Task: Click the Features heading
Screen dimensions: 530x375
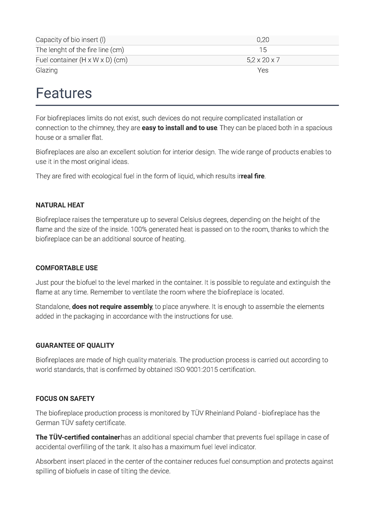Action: click(x=64, y=93)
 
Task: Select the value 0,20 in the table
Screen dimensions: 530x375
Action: click(x=263, y=40)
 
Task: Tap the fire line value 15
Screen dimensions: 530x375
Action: click(x=263, y=50)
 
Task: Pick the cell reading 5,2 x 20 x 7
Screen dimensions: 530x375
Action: click(x=263, y=60)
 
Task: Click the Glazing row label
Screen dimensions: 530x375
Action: click(x=46, y=70)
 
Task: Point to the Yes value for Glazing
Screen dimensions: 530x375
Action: click(x=263, y=70)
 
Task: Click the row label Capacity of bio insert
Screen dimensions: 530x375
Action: click(x=70, y=40)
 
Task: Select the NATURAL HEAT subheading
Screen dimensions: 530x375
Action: click(x=60, y=205)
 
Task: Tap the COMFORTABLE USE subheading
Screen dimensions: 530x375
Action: click(x=66, y=268)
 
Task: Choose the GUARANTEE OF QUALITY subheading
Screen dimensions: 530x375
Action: click(x=75, y=345)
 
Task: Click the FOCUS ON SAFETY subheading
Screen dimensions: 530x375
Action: click(x=65, y=398)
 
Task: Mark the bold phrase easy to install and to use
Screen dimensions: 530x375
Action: click(x=180, y=128)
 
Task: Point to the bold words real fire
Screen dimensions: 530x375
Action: click(x=253, y=176)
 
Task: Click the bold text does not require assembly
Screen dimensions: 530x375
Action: click(x=112, y=307)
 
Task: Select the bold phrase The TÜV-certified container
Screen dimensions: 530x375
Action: click(x=78, y=437)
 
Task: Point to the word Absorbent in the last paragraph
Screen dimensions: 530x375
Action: click(x=51, y=462)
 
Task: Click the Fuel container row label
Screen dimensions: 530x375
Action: click(x=81, y=60)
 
